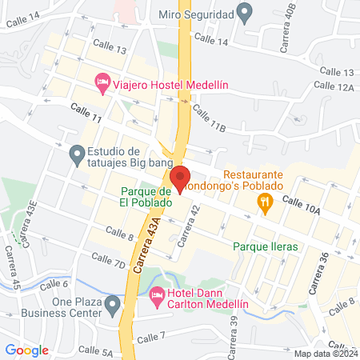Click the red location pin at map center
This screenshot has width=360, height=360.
coord(179,178)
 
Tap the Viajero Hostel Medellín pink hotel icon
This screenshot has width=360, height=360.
coord(102,81)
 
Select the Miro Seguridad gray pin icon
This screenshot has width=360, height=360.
coord(246,14)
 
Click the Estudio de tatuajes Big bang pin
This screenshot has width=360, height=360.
coord(77,152)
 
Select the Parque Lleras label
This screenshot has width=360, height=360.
coord(266,246)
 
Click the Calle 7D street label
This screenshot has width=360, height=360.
coord(108,260)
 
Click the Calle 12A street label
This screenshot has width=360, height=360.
coord(334,86)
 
